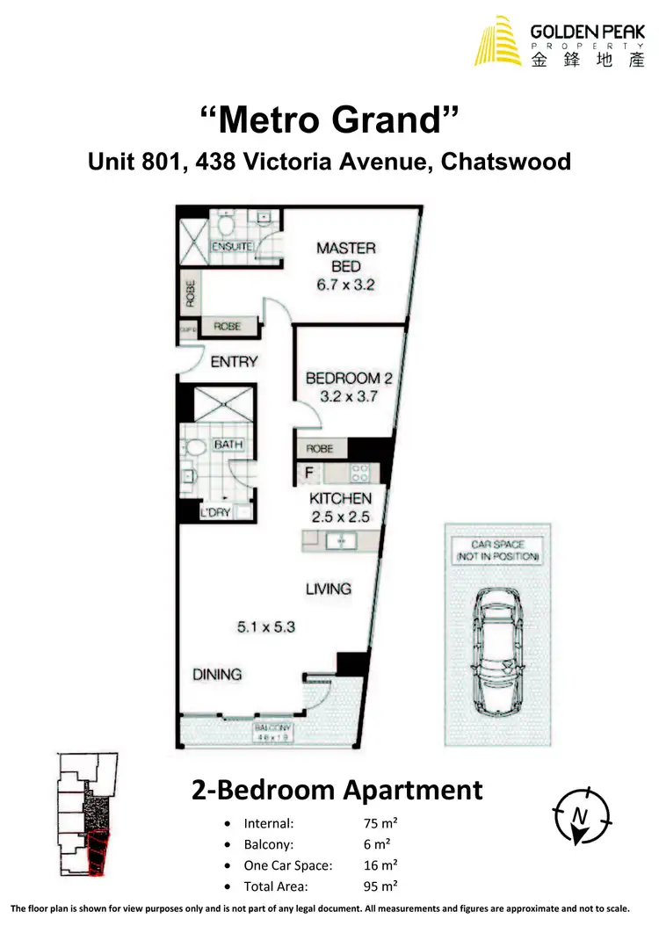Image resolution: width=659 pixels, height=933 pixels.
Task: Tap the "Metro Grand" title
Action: point(329,119)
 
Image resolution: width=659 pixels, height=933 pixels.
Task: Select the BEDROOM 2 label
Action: point(349,379)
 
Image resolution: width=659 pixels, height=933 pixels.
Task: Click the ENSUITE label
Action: point(233,247)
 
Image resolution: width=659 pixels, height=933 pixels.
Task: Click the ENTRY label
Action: point(234,361)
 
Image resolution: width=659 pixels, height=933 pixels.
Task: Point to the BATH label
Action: point(228,445)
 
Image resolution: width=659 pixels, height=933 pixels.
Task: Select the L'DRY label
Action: point(215,512)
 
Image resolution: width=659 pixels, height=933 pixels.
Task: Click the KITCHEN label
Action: point(340,499)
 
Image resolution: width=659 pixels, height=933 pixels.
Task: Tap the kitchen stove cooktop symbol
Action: point(360,474)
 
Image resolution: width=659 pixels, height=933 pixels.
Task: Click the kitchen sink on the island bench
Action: point(337,540)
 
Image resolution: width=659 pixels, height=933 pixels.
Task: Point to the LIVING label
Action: point(329,589)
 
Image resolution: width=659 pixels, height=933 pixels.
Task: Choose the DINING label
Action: point(217,675)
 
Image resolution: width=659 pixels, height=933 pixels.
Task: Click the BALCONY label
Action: point(272,729)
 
